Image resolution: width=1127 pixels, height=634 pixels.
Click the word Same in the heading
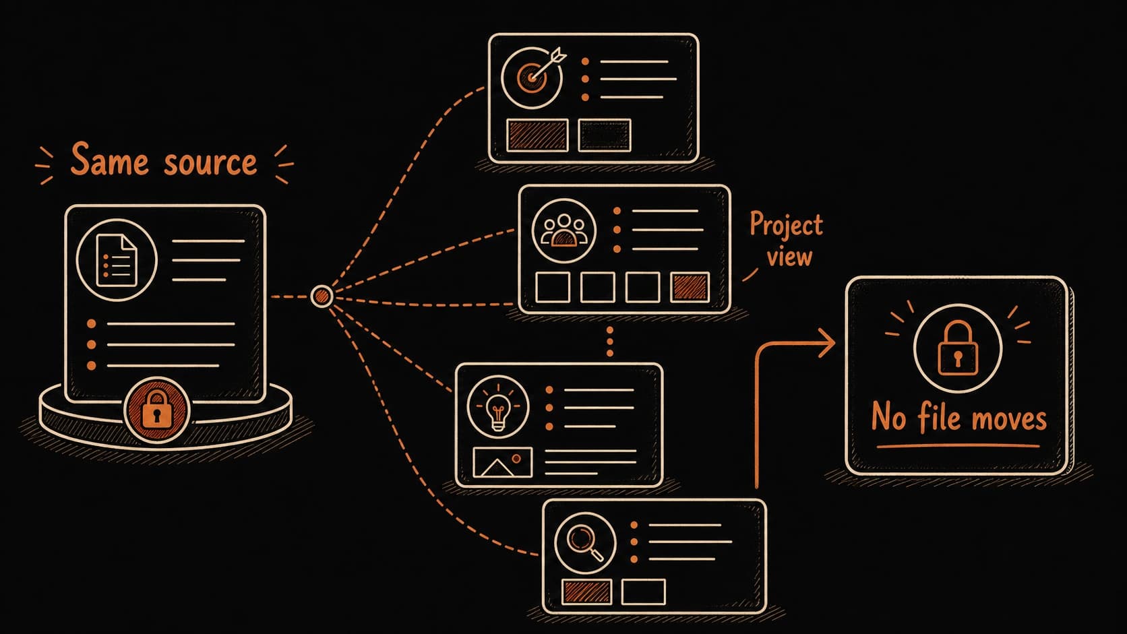point(109,159)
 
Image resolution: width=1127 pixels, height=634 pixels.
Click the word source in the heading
point(210,162)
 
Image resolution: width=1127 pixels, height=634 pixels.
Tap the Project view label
point(787,239)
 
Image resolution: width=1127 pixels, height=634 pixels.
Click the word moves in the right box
point(1008,420)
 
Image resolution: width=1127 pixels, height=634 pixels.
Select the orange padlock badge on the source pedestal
point(157,410)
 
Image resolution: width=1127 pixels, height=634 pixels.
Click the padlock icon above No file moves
point(957,348)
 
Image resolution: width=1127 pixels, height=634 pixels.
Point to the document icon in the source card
point(117,260)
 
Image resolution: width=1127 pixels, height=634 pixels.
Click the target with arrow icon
point(533,76)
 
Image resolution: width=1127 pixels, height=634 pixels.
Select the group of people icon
point(563,231)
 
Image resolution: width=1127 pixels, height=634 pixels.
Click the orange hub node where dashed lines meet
point(322,296)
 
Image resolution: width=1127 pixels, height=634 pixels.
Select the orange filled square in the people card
point(690,287)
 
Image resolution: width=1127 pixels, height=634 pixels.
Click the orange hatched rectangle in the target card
point(537,135)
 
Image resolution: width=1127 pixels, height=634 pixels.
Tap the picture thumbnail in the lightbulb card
point(503,463)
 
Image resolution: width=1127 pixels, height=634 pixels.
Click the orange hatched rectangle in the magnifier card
point(586,592)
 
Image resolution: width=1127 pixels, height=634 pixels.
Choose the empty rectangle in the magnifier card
point(644,592)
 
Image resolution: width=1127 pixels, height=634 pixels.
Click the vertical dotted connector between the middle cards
point(610,342)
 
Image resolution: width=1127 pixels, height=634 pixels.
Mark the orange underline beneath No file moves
point(958,445)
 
